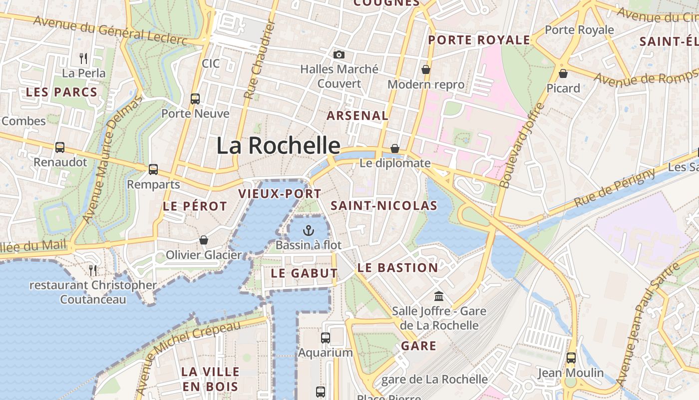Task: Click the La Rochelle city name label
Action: [x=278, y=145]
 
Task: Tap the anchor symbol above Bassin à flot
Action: [x=308, y=230]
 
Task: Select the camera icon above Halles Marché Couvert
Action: [x=339, y=54]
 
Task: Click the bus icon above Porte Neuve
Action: [x=195, y=99]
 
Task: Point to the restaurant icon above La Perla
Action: [x=83, y=58]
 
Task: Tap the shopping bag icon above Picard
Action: [x=563, y=74]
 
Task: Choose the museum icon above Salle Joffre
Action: [x=439, y=296]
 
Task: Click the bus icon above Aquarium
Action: [x=326, y=338]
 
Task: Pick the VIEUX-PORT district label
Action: [x=280, y=193]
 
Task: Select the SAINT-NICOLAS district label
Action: [x=384, y=205]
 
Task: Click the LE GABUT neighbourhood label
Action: [x=304, y=273]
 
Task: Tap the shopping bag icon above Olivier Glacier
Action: [x=203, y=240]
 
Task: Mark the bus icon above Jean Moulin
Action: [x=571, y=358]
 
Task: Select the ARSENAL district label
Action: [x=357, y=115]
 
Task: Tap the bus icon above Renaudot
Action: [x=60, y=147]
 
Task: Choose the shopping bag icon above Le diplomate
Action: [x=394, y=148]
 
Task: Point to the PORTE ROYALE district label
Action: [x=479, y=40]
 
